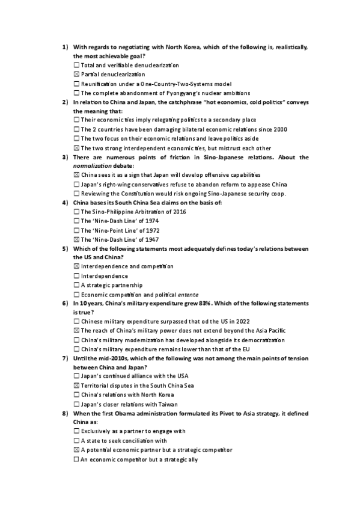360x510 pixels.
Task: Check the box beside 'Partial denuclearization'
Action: click(76, 74)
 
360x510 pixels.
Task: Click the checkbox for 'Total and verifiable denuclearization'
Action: click(76, 65)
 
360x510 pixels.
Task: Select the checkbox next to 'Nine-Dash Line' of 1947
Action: click(76, 239)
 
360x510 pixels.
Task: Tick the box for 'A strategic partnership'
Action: click(76, 285)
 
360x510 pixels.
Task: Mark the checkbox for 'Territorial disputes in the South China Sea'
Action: click(76, 386)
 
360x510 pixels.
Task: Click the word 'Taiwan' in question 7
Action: click(167, 404)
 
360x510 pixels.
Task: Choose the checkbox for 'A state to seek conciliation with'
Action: click(76, 441)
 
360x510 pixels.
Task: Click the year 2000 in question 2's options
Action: click(279, 129)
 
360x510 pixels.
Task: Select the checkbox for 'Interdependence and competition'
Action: click(76, 266)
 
